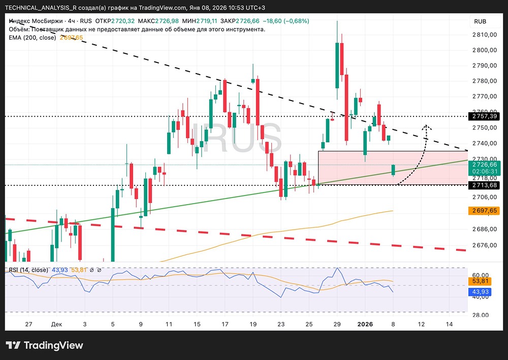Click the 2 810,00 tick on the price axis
(485, 35)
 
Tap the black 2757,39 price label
(485, 116)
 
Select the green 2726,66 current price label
(485, 165)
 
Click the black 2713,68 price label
(485, 185)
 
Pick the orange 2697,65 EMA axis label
(485, 210)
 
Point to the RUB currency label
(480, 21)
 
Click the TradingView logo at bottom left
(45, 345)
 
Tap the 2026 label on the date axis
(365, 324)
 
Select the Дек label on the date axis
(57, 324)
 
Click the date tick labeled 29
(336, 324)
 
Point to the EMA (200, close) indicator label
(33, 38)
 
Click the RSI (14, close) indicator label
(28, 270)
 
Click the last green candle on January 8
(393, 170)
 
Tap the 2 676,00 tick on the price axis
(485, 245)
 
